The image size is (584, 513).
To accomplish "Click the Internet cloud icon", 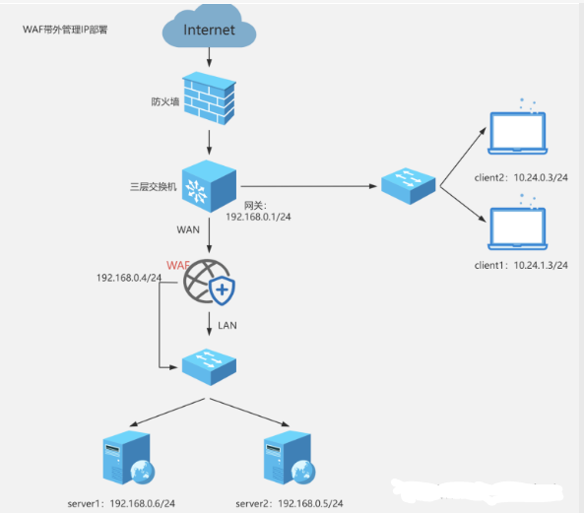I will click(x=209, y=30).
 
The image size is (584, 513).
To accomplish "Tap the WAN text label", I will click(x=187, y=228).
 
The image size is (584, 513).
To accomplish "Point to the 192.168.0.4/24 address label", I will click(x=129, y=279).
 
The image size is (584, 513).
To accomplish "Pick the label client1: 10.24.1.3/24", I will click(x=518, y=266).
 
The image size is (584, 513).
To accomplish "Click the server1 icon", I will click(x=126, y=459).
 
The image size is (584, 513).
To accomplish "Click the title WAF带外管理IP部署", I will click(x=65, y=30).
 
